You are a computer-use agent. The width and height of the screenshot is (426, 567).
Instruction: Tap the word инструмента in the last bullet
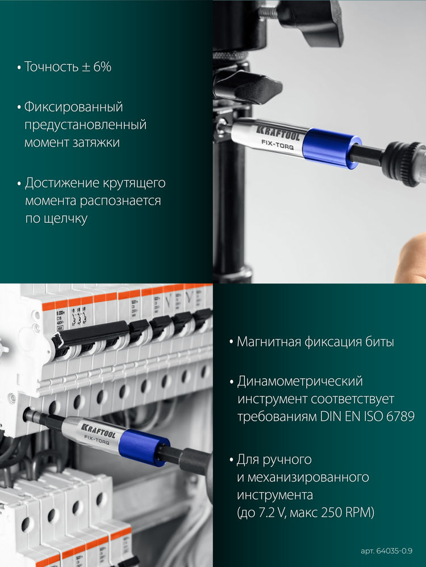[274, 495]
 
